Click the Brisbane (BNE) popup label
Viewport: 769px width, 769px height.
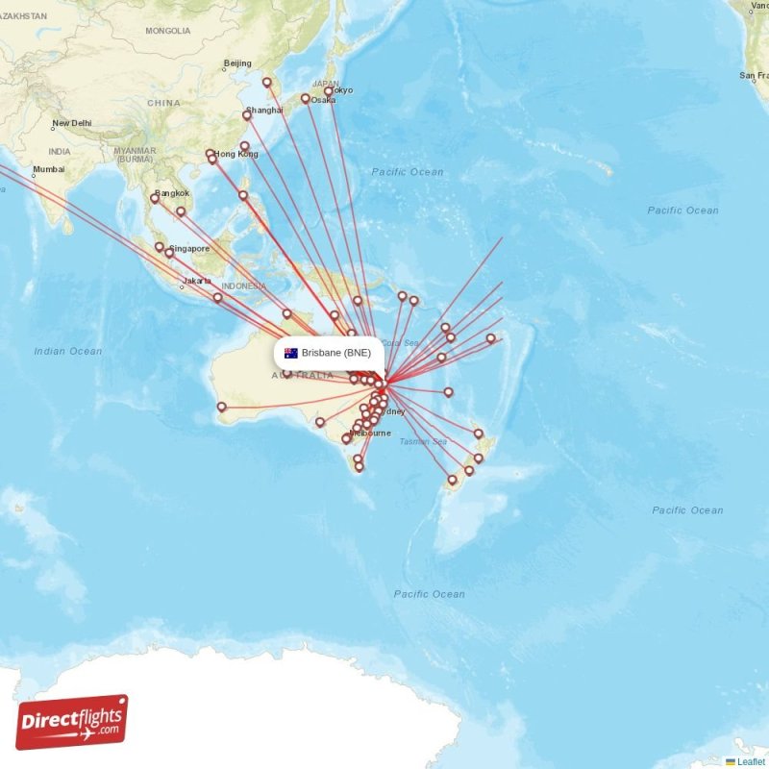(335, 353)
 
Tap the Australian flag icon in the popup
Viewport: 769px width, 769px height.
(290, 353)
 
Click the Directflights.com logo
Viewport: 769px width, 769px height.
(72, 722)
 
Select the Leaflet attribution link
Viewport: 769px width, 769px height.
(751, 761)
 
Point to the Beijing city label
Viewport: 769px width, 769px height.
(237, 64)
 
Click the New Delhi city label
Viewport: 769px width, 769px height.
(71, 123)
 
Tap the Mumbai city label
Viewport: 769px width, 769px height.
(48, 170)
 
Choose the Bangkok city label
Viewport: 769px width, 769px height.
(172, 193)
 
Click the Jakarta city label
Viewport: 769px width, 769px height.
(197, 281)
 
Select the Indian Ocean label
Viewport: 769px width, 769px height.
(67, 352)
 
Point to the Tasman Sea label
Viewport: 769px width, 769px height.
(423, 442)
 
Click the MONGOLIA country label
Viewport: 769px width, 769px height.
(168, 31)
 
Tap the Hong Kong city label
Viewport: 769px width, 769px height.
(236, 154)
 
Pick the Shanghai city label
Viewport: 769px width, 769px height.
(264, 111)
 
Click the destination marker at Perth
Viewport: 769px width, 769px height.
(222, 407)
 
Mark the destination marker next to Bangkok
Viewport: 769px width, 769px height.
(155, 199)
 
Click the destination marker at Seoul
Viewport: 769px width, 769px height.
(267, 83)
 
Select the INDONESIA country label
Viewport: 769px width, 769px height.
(243, 286)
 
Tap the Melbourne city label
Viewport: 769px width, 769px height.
(370, 434)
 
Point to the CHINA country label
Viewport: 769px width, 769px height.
(163, 103)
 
